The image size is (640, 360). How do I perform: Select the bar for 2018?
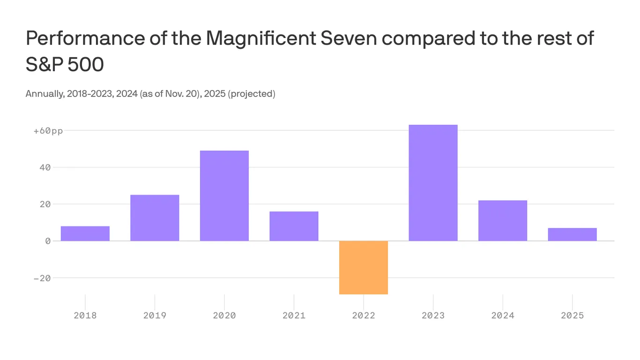(x=85, y=233)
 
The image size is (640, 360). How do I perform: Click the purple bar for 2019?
(x=155, y=218)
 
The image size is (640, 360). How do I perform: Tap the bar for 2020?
(x=224, y=196)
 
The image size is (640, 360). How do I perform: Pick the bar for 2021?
(x=294, y=226)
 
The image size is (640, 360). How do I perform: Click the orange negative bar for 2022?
(x=364, y=268)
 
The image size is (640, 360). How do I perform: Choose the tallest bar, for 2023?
(x=433, y=183)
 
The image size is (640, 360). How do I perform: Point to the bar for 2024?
(x=503, y=221)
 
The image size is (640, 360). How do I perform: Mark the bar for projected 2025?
(x=572, y=234)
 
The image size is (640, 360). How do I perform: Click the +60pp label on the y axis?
(x=48, y=131)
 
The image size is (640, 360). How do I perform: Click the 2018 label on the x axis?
(x=85, y=315)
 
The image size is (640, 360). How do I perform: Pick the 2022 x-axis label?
(x=364, y=315)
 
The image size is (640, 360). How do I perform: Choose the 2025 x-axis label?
(x=572, y=315)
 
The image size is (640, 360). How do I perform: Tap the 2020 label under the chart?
(x=224, y=315)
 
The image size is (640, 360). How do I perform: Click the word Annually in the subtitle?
(x=44, y=94)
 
